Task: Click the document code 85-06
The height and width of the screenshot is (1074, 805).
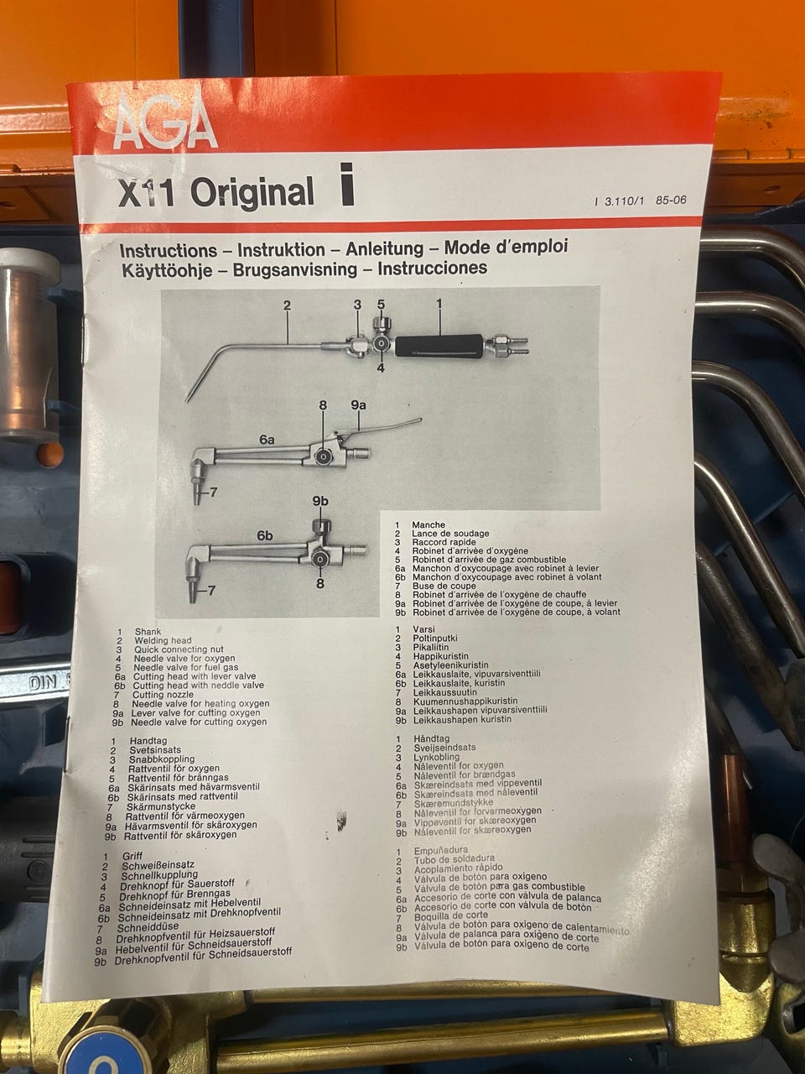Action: (x=671, y=201)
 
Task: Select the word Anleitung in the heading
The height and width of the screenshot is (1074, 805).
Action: (x=385, y=249)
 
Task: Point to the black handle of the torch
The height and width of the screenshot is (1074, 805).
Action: (x=439, y=346)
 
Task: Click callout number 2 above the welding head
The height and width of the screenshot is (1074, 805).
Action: (x=287, y=305)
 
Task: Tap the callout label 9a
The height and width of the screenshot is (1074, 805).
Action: (x=358, y=405)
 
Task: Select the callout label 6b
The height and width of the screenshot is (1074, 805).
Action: (x=265, y=536)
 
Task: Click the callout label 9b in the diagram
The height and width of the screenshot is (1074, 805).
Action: (x=320, y=501)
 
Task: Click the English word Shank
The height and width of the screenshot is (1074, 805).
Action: (x=148, y=632)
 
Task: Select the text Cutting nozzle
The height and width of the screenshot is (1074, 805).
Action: (x=163, y=694)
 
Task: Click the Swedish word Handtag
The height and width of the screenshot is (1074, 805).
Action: (x=148, y=741)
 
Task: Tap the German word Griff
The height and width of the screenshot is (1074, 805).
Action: (x=132, y=857)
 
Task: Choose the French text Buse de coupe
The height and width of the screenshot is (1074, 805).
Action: (x=444, y=586)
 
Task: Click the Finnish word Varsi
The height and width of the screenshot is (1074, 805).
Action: (x=423, y=629)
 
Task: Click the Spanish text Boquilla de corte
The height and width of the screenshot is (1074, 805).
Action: (x=451, y=915)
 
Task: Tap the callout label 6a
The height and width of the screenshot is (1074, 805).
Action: (x=267, y=440)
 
